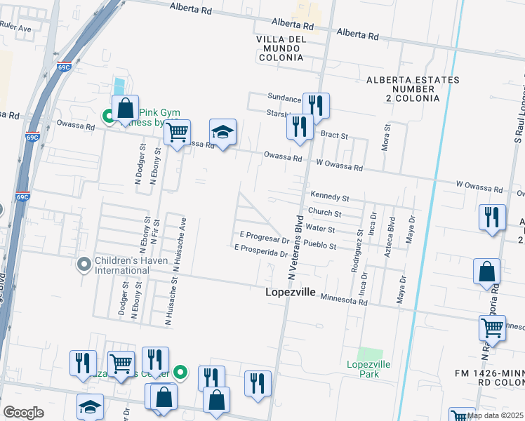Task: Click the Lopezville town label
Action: click(290, 292)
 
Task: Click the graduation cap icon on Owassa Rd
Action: click(223, 132)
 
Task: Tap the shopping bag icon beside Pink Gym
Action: click(125, 109)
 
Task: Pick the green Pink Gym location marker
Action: click(109, 116)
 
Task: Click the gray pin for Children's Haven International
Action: click(84, 264)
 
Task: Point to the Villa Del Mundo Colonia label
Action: click(280, 48)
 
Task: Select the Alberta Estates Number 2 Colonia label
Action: click(413, 89)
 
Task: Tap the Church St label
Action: click(324, 213)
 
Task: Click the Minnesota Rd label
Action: click(344, 300)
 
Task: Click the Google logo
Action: click(24, 413)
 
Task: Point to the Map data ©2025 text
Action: click(496, 415)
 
